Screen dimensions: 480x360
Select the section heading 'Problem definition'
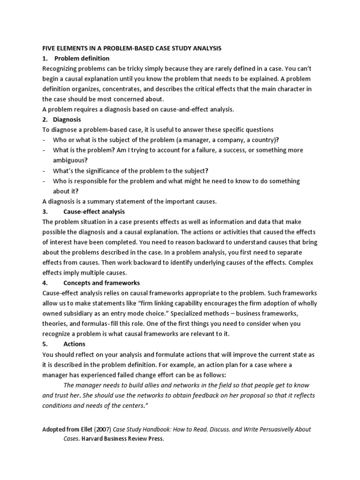tap(82, 59)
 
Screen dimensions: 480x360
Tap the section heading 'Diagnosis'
tap(68, 120)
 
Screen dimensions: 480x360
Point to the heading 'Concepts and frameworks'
tap(102, 283)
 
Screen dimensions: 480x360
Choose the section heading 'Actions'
tap(74, 344)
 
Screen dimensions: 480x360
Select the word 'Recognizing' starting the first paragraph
tap(60, 69)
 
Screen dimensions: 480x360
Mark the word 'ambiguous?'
tap(71, 160)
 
